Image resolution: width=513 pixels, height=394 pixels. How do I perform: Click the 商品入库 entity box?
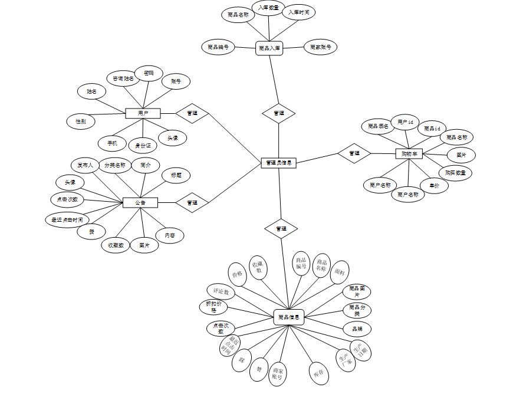[269, 48]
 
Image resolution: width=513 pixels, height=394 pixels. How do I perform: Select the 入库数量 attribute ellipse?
[268, 7]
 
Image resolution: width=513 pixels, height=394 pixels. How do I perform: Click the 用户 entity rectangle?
[143, 113]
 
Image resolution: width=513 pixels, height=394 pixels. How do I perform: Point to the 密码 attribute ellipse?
[149, 73]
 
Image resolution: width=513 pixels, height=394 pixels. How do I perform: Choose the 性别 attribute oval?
[81, 122]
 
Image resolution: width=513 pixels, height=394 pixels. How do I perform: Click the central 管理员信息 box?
[278, 163]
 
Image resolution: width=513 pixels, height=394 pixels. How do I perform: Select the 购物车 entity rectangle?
[409, 154]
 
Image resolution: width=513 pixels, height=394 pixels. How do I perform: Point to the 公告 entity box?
[140, 203]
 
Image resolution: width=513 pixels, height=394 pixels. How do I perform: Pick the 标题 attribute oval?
[176, 175]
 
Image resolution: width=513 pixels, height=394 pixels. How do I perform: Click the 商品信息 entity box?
[289, 317]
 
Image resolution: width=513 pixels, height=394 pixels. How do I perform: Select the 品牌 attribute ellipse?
[357, 329]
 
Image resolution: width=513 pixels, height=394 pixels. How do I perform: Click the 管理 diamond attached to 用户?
[192, 113]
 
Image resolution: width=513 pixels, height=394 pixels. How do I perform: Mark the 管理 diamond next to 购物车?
[354, 153]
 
